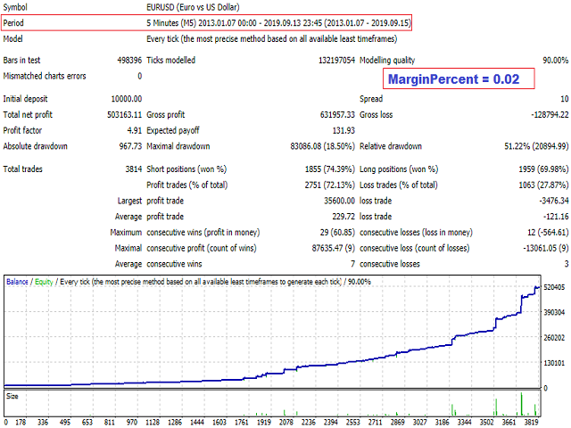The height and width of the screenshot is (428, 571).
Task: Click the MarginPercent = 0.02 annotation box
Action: (459, 78)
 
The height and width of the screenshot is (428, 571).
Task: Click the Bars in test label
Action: (24, 60)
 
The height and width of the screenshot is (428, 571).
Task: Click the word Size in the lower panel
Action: (12, 395)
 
